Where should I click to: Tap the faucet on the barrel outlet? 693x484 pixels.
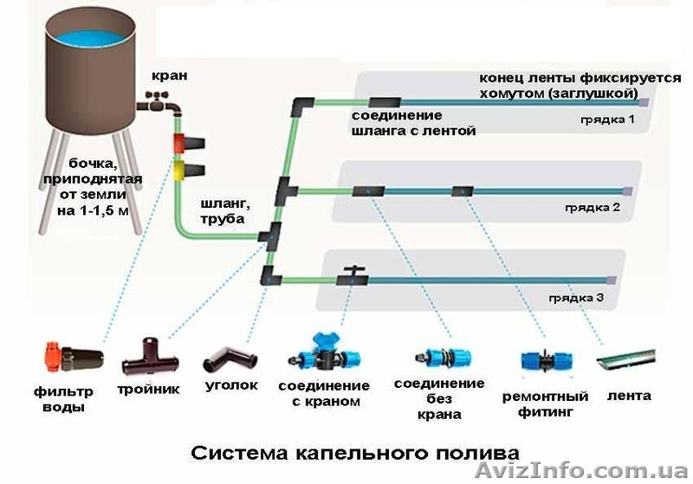tap(161, 106)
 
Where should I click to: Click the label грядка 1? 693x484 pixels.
tap(608, 120)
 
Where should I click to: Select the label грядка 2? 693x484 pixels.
tap(593, 209)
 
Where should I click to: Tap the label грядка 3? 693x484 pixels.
tap(575, 299)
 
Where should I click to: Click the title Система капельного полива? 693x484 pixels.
tap(354, 453)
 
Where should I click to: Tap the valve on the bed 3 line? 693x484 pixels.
tap(353, 275)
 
